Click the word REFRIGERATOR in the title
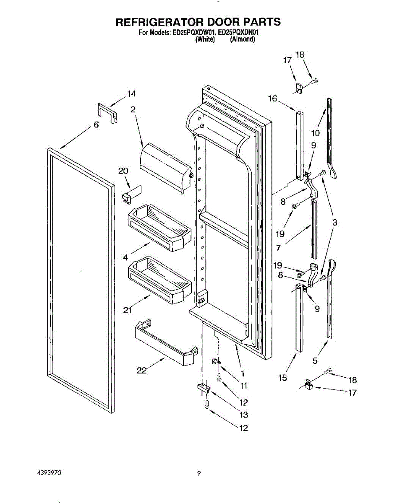(161, 22)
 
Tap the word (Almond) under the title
(243, 39)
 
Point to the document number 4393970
(50, 473)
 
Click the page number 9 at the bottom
(199, 474)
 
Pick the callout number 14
(132, 94)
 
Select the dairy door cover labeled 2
(166, 166)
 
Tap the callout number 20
(123, 171)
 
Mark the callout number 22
(142, 371)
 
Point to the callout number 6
(96, 125)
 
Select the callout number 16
(273, 99)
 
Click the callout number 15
(282, 378)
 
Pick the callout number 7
(279, 248)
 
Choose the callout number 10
(315, 133)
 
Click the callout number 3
(335, 223)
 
